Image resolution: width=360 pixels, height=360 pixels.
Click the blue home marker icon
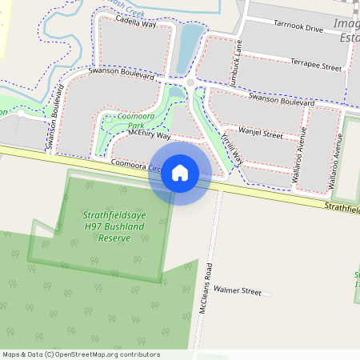[x=180, y=171]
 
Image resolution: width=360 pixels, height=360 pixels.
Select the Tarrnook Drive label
[x=298, y=28]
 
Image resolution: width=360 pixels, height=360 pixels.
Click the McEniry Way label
[x=144, y=136]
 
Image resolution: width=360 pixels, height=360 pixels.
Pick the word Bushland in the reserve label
[x=129, y=227]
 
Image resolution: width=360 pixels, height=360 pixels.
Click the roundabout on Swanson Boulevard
[x=190, y=82]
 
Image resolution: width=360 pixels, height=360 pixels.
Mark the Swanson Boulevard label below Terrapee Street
[x=281, y=101]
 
